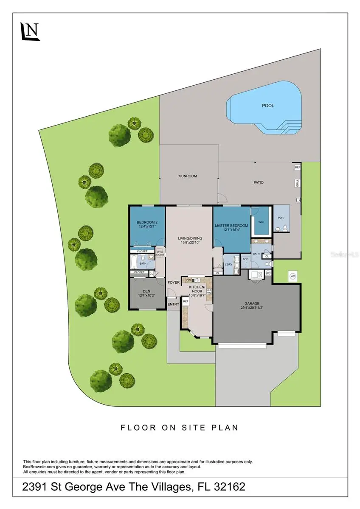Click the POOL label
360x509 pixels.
click(x=268, y=106)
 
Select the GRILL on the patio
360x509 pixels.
click(x=298, y=183)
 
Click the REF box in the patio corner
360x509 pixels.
click(x=298, y=168)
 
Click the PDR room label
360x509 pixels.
click(x=281, y=218)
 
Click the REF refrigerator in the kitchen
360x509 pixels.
click(x=186, y=301)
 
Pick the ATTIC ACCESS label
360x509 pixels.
click(x=160, y=253)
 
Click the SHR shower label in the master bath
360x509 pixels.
click(x=245, y=259)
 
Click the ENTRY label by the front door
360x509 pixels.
click(x=173, y=304)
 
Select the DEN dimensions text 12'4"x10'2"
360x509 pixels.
click(x=146, y=295)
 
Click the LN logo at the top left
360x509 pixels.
click(x=30, y=31)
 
